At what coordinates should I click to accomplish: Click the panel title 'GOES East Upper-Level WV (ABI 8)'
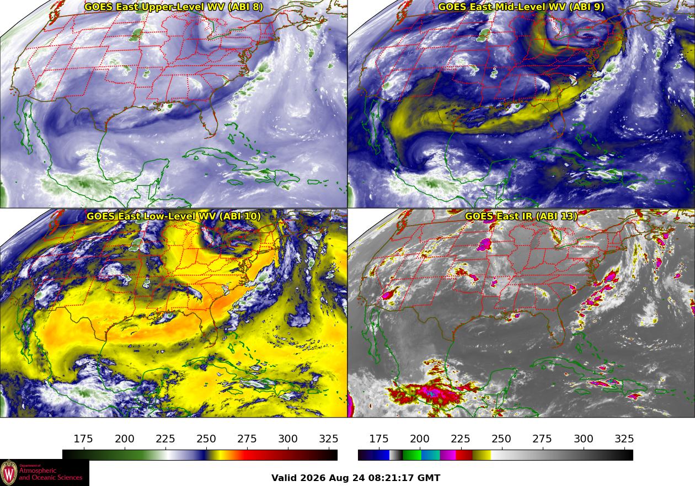tap(174, 7)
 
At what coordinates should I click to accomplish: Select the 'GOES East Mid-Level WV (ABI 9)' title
tap(521, 7)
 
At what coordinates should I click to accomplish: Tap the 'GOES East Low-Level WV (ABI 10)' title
tap(174, 216)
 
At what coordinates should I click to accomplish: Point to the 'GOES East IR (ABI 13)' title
tap(521, 216)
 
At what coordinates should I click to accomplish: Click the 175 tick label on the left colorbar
tap(83, 439)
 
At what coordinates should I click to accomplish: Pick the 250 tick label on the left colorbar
tap(206, 439)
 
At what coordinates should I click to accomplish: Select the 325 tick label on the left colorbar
tap(329, 439)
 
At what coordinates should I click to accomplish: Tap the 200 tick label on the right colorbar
tap(420, 439)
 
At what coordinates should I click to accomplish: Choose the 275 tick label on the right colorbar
tap(543, 439)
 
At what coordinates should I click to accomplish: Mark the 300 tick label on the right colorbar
tap(584, 439)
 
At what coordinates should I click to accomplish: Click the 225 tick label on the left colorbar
tap(165, 439)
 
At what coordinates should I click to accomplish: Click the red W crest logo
tap(9, 473)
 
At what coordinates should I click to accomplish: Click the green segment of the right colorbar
tap(411, 455)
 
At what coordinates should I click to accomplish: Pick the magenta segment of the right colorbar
tap(448, 455)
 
